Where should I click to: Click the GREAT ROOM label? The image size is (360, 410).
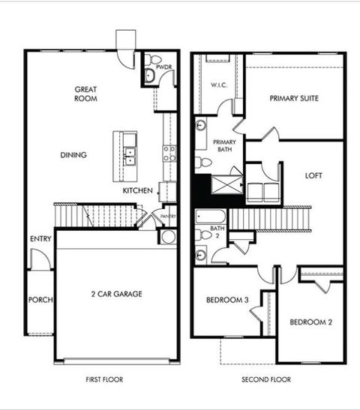pos(85,94)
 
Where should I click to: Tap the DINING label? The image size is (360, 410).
pos(73,155)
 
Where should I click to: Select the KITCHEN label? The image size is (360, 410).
pos(138,191)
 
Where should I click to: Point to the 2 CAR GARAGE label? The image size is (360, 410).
pos(116,293)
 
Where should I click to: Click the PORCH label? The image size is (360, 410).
pos(40,300)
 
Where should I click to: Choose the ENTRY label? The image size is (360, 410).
pos(40,239)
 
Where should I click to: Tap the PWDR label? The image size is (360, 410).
pos(165,67)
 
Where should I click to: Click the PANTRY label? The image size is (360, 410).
pos(168,217)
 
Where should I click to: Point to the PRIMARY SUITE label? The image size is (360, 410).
pos(294,98)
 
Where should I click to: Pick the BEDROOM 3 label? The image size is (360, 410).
pos(226,301)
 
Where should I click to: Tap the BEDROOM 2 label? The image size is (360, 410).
pos(310,322)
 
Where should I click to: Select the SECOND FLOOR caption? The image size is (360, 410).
pos(266,380)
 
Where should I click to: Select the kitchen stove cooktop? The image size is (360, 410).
pos(169,154)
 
